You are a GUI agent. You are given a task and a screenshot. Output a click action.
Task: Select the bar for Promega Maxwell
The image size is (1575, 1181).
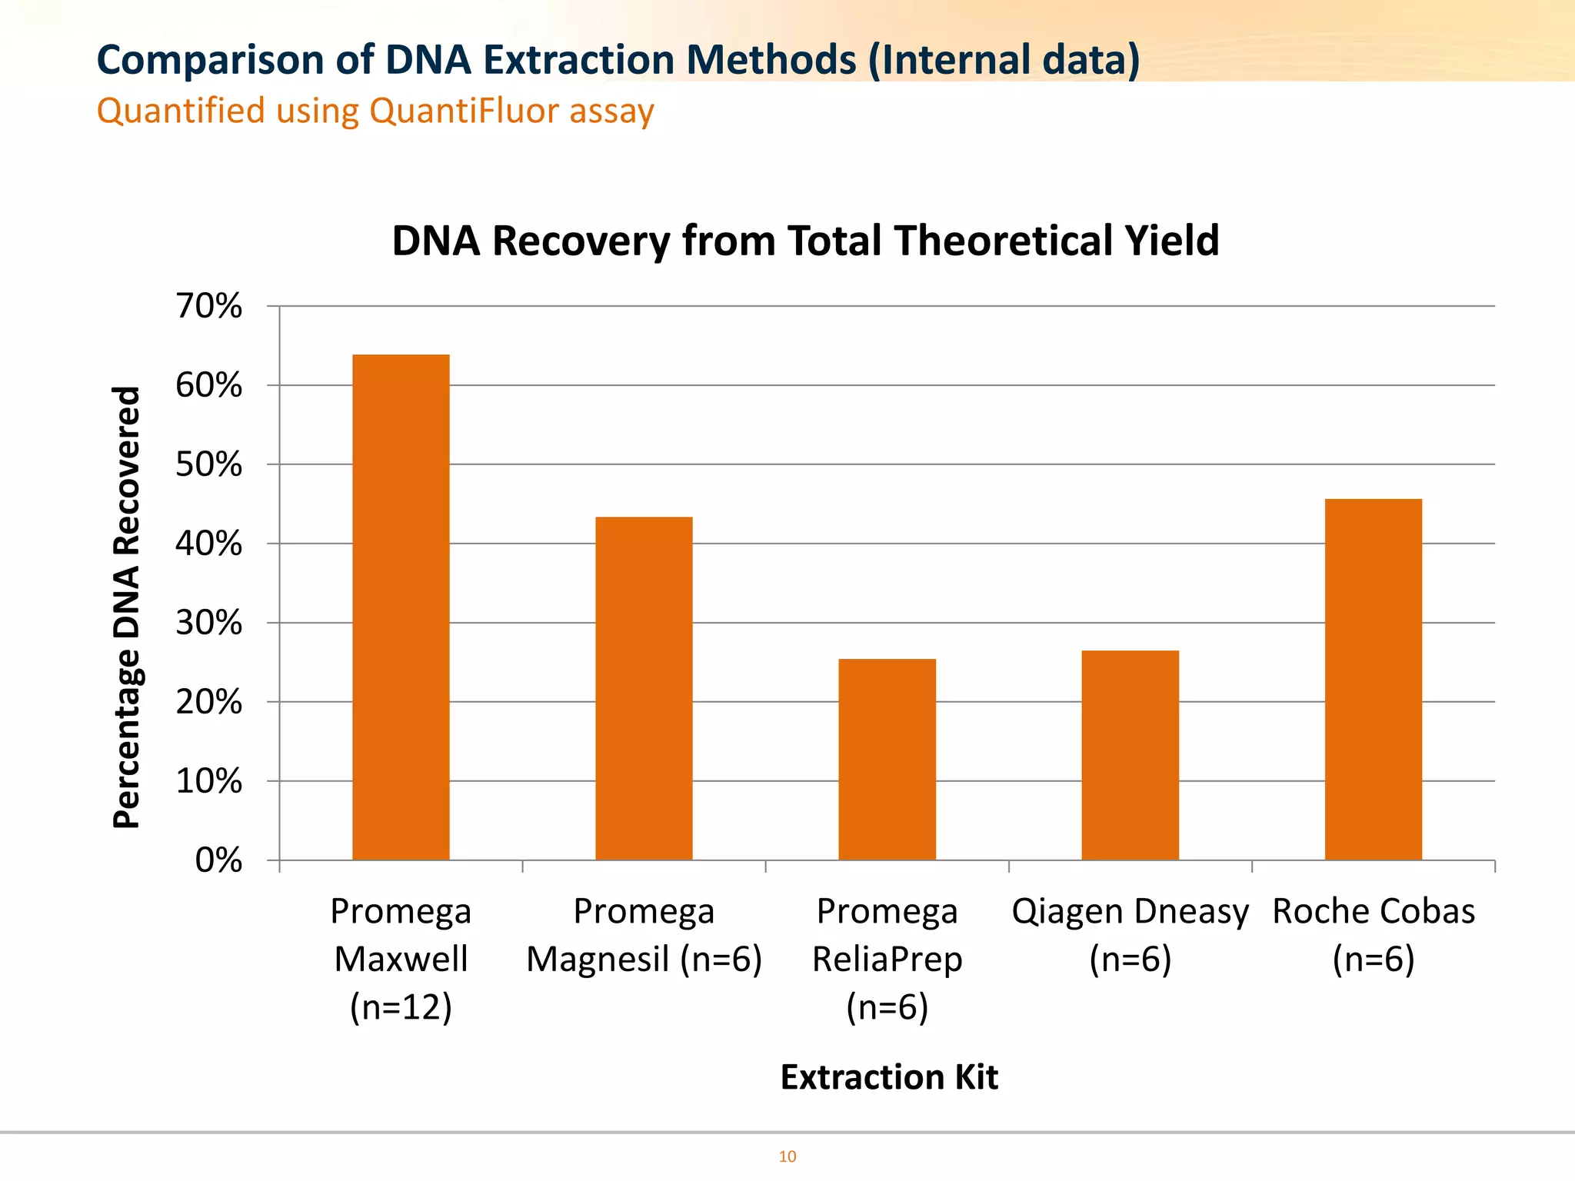tap(401, 607)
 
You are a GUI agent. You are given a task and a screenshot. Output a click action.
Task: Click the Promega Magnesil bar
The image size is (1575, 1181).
tap(644, 688)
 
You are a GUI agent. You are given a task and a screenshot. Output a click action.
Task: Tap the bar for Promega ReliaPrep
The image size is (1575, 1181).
tap(887, 759)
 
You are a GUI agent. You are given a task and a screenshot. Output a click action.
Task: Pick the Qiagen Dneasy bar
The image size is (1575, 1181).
tap(1130, 755)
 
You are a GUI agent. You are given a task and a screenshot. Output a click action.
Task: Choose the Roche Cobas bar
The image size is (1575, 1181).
tap(1373, 679)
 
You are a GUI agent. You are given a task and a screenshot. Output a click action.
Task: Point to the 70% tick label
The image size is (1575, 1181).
tap(208, 306)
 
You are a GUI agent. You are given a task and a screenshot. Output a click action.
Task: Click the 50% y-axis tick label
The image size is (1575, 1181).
tap(208, 464)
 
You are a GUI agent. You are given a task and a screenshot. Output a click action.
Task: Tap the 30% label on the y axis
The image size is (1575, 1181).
tap(208, 623)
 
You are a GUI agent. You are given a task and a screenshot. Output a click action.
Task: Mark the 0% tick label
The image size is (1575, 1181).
tap(218, 860)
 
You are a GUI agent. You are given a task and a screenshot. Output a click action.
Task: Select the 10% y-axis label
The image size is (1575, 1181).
tap(208, 781)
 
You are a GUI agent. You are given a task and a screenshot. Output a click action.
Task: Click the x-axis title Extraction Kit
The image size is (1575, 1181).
tap(889, 1077)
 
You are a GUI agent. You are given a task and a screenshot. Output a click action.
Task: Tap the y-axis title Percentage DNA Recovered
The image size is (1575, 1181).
tap(127, 607)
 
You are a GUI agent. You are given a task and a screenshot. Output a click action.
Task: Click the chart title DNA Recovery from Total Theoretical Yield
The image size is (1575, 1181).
tap(805, 241)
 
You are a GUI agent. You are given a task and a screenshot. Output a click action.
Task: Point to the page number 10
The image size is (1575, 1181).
tap(787, 1156)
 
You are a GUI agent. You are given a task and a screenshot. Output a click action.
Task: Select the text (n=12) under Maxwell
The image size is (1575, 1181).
tap(401, 1006)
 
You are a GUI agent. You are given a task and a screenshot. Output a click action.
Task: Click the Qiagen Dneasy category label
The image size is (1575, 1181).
tap(1130, 934)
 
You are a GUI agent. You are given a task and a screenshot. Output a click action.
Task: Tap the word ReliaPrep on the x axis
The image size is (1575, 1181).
tap(887, 959)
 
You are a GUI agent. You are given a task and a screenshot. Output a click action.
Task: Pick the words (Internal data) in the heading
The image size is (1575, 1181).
tap(1004, 60)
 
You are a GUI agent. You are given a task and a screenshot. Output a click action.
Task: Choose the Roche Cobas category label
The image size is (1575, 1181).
tap(1373, 934)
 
